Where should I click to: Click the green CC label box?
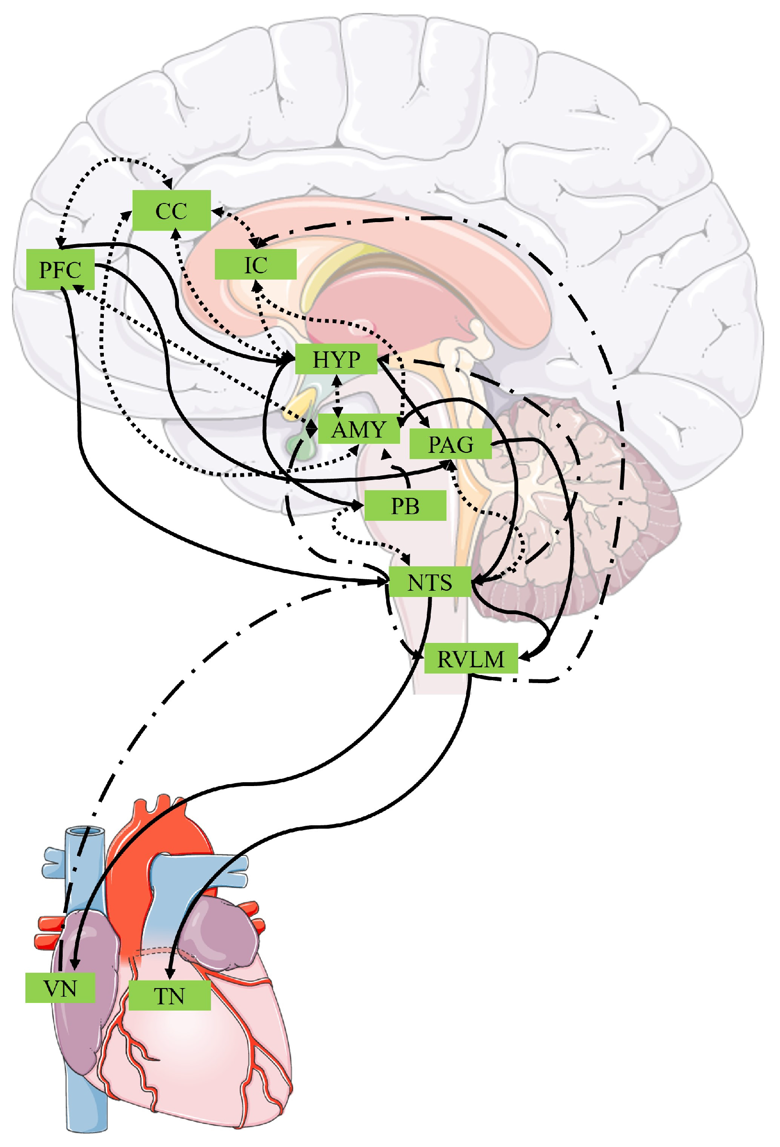tap(171, 210)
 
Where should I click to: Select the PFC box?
tap(60, 270)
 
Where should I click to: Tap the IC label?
tap(255, 265)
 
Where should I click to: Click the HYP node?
tap(336, 359)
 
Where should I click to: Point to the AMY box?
tap(358, 428)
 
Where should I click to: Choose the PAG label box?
tap(450, 444)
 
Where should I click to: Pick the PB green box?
tap(404, 506)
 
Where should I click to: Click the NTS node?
tap(429, 583)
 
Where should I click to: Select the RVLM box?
tap(470, 658)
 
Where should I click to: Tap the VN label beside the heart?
tap(60, 988)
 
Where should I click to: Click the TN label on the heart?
tap(169, 995)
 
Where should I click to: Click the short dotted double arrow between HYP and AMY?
tap(337, 395)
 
